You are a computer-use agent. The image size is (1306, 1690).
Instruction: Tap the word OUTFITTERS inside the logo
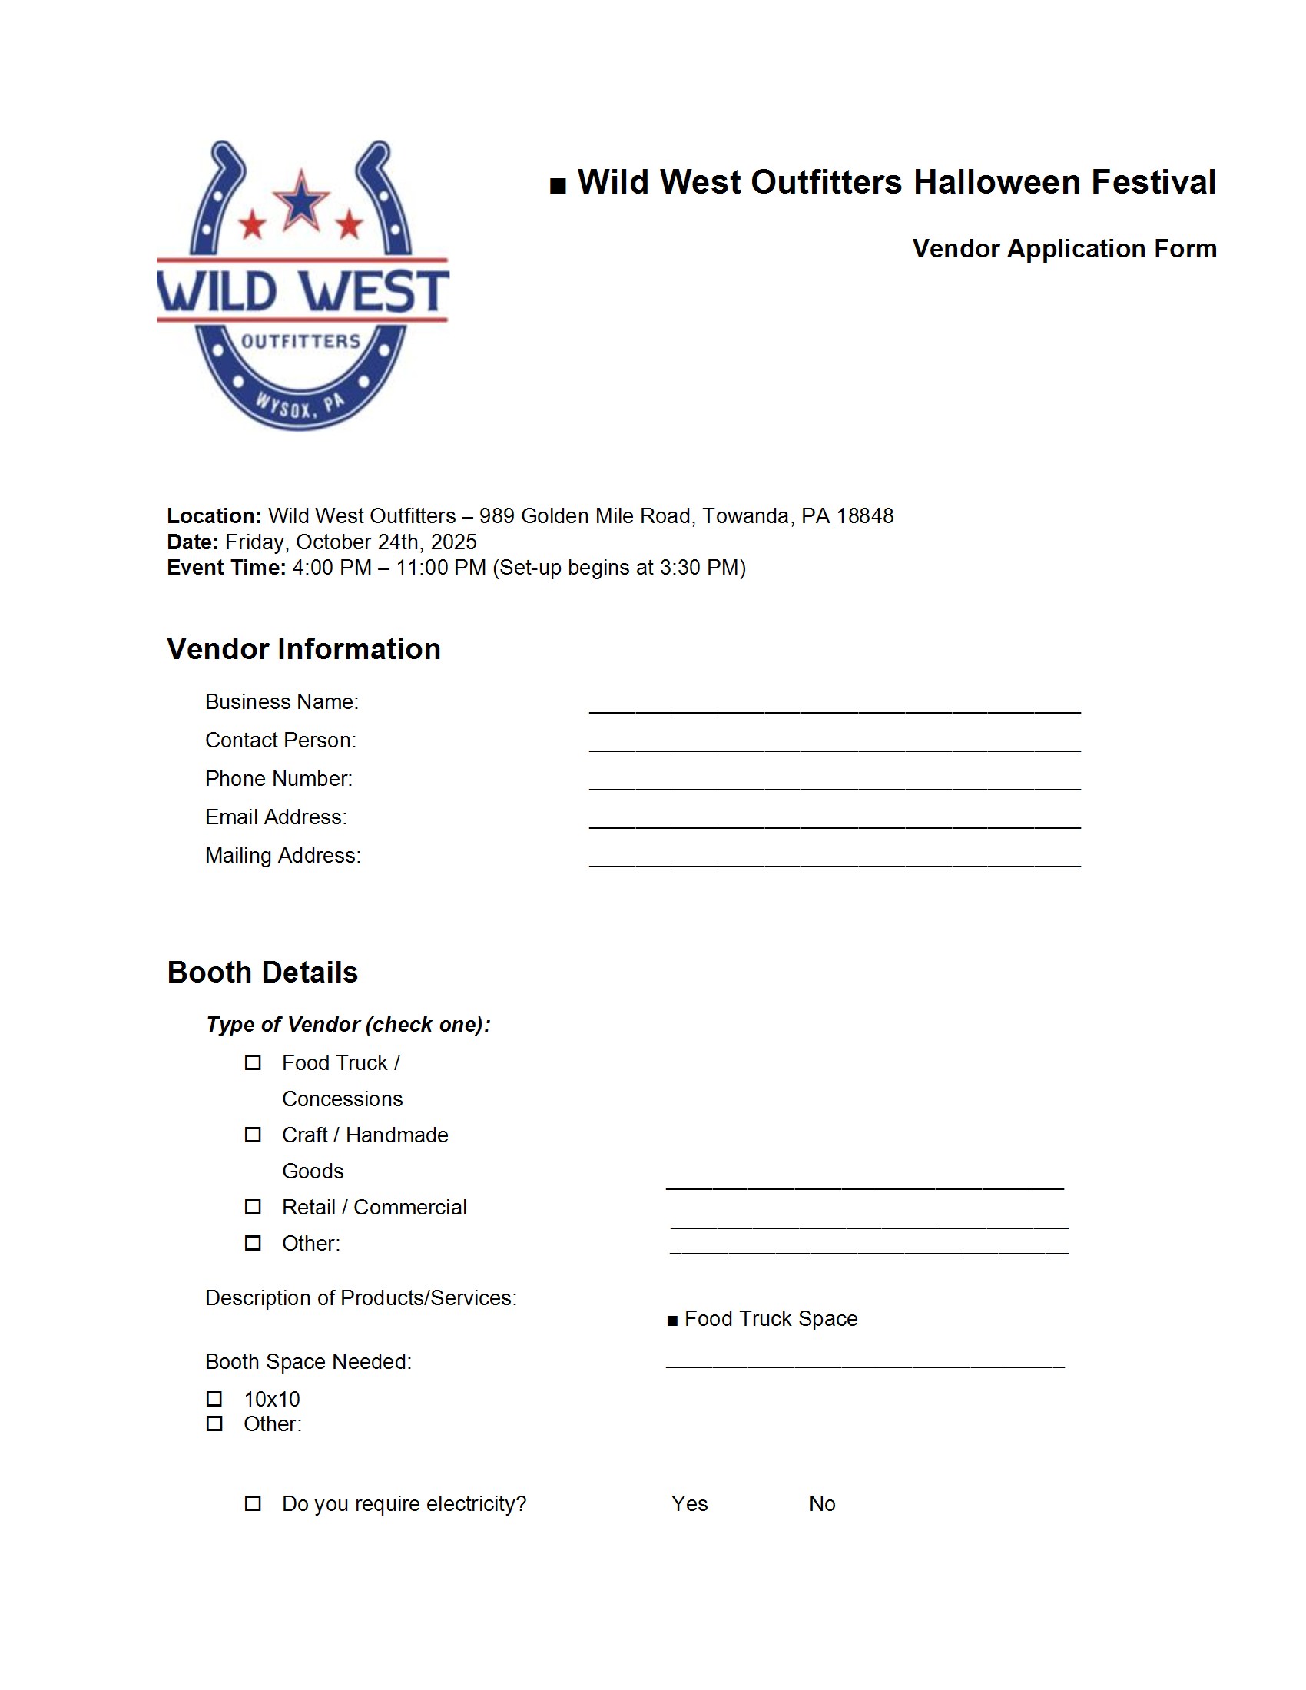(301, 341)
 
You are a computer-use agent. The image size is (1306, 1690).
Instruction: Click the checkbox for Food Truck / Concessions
(253, 1062)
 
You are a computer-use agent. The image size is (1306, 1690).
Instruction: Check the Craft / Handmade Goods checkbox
(253, 1135)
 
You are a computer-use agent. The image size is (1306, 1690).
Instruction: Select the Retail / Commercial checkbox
(253, 1206)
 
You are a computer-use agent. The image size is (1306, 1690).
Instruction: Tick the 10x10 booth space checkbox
(214, 1398)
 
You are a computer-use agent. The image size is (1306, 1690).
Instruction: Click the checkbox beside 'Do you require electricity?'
(253, 1503)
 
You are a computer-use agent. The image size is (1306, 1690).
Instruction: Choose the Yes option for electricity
(689, 1503)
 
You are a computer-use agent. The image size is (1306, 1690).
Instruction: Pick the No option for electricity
(822, 1503)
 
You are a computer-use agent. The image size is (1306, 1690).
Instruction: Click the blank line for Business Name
(834, 706)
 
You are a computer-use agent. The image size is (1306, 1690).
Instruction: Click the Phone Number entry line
(834, 783)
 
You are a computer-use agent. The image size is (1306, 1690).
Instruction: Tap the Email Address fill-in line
(834, 822)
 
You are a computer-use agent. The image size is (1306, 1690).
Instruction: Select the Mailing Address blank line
(834, 860)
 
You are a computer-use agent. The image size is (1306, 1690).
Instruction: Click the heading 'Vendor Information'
(303, 648)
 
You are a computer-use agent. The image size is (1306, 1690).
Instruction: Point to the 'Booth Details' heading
(262, 972)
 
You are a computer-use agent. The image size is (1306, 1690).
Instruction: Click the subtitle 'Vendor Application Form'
(1064, 248)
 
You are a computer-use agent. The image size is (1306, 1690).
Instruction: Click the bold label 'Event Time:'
(227, 567)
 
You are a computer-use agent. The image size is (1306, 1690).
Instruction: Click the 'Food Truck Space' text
(771, 1317)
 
